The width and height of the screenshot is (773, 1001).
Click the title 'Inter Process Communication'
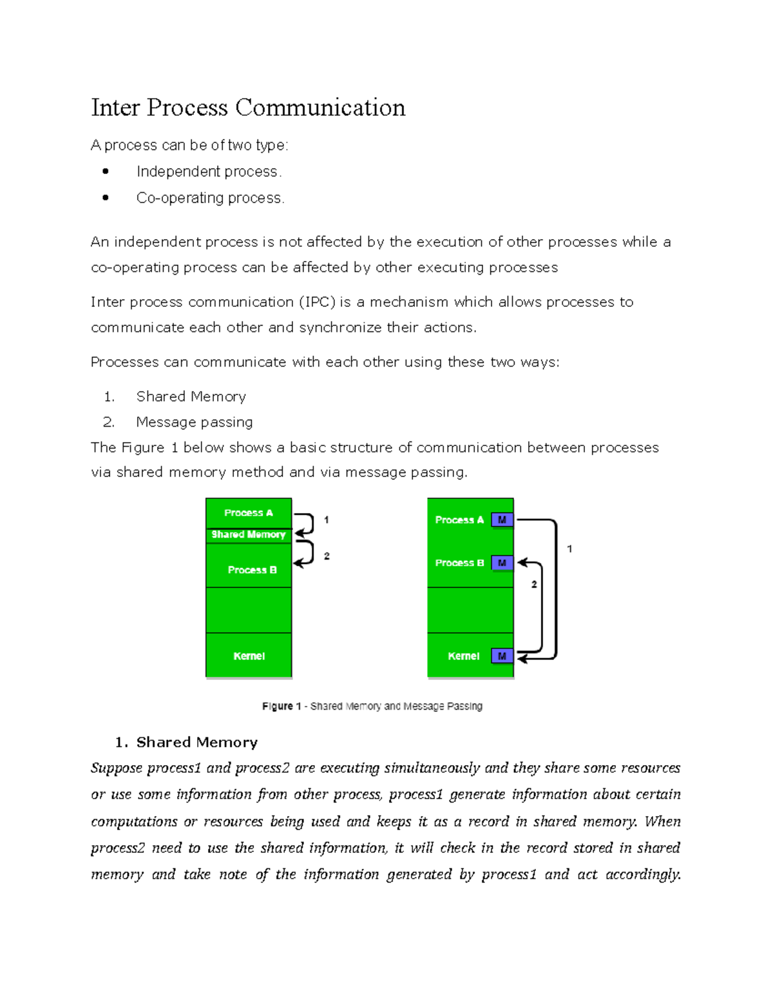(x=248, y=108)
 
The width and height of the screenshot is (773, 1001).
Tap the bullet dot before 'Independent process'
(x=106, y=171)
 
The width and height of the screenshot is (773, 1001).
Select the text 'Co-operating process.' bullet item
(x=210, y=198)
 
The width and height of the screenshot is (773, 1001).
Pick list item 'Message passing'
(x=194, y=422)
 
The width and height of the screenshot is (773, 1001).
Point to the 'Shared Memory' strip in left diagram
(x=248, y=534)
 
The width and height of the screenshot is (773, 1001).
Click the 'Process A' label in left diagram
(x=248, y=513)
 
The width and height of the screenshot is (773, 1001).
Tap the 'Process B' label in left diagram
(x=252, y=570)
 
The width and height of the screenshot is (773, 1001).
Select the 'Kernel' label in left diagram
(x=249, y=656)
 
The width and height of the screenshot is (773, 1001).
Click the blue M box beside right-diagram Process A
(x=502, y=520)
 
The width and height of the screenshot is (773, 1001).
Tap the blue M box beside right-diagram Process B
(x=502, y=563)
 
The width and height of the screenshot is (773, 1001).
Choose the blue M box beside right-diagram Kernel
(x=502, y=656)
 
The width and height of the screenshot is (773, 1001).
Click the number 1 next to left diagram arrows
(x=327, y=520)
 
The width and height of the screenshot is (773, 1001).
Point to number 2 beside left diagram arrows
(x=327, y=556)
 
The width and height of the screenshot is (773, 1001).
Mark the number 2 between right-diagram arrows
(x=534, y=585)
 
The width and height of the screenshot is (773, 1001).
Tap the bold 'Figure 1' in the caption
(x=282, y=706)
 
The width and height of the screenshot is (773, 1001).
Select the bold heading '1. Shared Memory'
(x=187, y=743)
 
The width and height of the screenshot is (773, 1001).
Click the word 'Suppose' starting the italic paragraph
(x=116, y=768)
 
